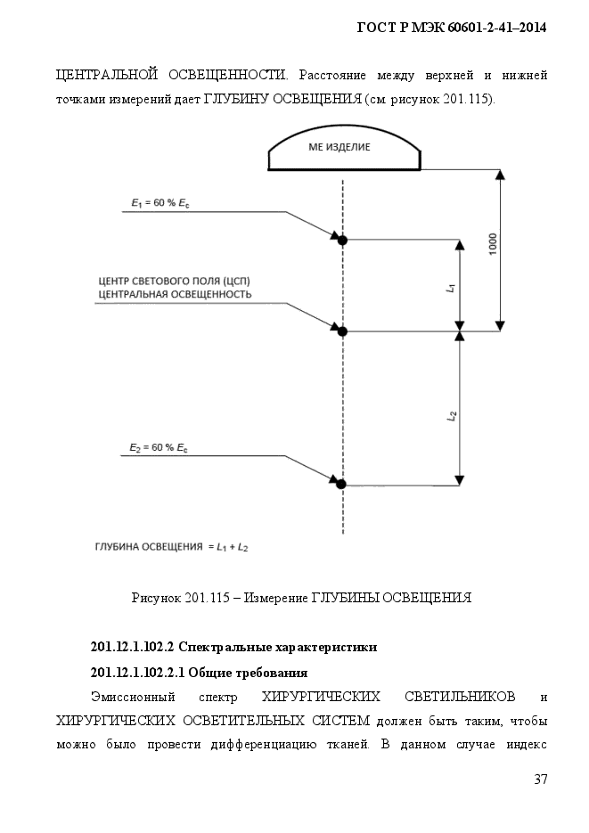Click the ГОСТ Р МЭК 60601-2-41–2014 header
(452, 28)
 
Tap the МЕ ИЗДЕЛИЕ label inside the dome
(339, 147)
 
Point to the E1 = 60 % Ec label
(160, 203)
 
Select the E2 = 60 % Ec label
(159, 448)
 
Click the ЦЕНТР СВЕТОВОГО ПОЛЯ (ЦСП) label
(174, 281)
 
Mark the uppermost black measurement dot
(342, 241)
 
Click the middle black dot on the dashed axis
(342, 331)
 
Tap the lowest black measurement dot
(341, 484)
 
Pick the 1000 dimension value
(493, 244)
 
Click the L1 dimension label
(452, 288)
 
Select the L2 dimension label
(452, 415)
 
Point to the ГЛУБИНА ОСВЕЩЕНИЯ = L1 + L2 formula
(172, 547)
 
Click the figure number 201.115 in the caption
(208, 598)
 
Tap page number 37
(541, 780)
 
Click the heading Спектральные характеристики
(278, 647)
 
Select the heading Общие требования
(248, 674)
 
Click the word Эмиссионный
(133, 697)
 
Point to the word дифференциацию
(264, 744)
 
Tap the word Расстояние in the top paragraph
(332, 75)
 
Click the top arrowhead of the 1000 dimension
(500, 175)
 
